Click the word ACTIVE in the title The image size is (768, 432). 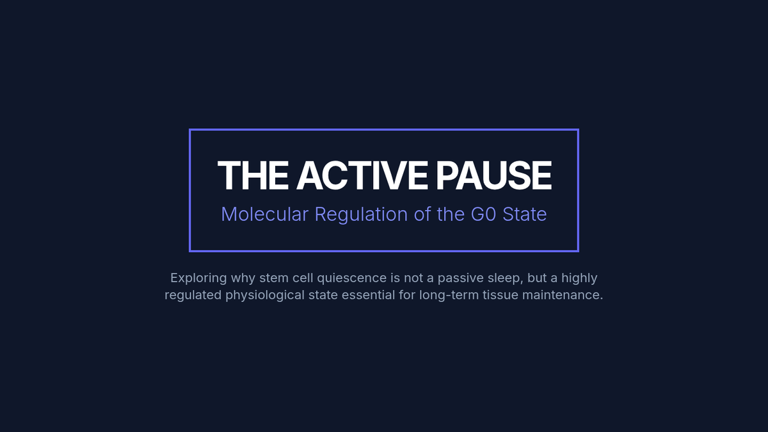(x=362, y=175)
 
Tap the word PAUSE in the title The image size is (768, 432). (x=493, y=175)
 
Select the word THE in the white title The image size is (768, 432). (x=253, y=175)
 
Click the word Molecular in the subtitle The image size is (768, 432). (x=265, y=214)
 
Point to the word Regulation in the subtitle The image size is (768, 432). (x=361, y=215)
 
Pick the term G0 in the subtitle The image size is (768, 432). (x=483, y=214)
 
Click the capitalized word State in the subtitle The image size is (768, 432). (x=525, y=214)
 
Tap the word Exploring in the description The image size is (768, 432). (x=198, y=278)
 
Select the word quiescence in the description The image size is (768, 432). (x=352, y=278)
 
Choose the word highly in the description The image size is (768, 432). (x=579, y=278)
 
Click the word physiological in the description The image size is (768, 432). (x=265, y=295)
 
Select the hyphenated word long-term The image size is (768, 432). (x=449, y=295)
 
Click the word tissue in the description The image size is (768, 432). (x=500, y=295)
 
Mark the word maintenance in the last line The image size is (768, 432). (x=563, y=295)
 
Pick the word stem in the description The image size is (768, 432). (x=274, y=278)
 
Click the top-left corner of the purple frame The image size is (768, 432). (x=189, y=129)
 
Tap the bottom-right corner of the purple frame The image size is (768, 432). (x=579, y=252)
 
